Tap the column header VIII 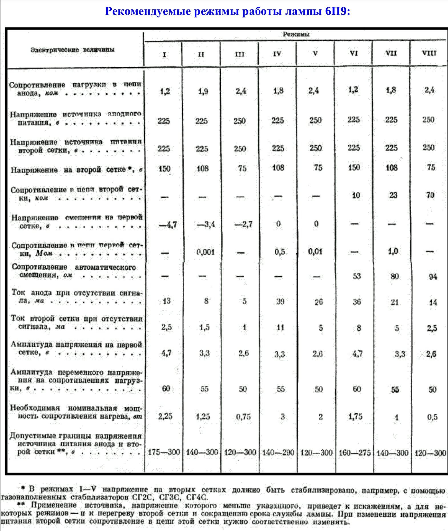point(429,53)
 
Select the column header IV point(277,54)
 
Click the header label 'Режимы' point(296,35)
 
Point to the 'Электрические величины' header point(73,50)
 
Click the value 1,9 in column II point(203,91)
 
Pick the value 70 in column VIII point(430,195)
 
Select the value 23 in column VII point(393,195)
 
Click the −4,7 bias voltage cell point(168,224)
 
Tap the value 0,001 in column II point(206,252)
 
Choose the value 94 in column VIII point(433,276)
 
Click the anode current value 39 point(280,301)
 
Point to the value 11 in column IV point(280,327)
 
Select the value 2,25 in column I point(165,417)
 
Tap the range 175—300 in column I point(164,452)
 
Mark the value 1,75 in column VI point(355,417)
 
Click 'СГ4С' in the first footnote point(197,498)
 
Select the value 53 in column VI point(357,276)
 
